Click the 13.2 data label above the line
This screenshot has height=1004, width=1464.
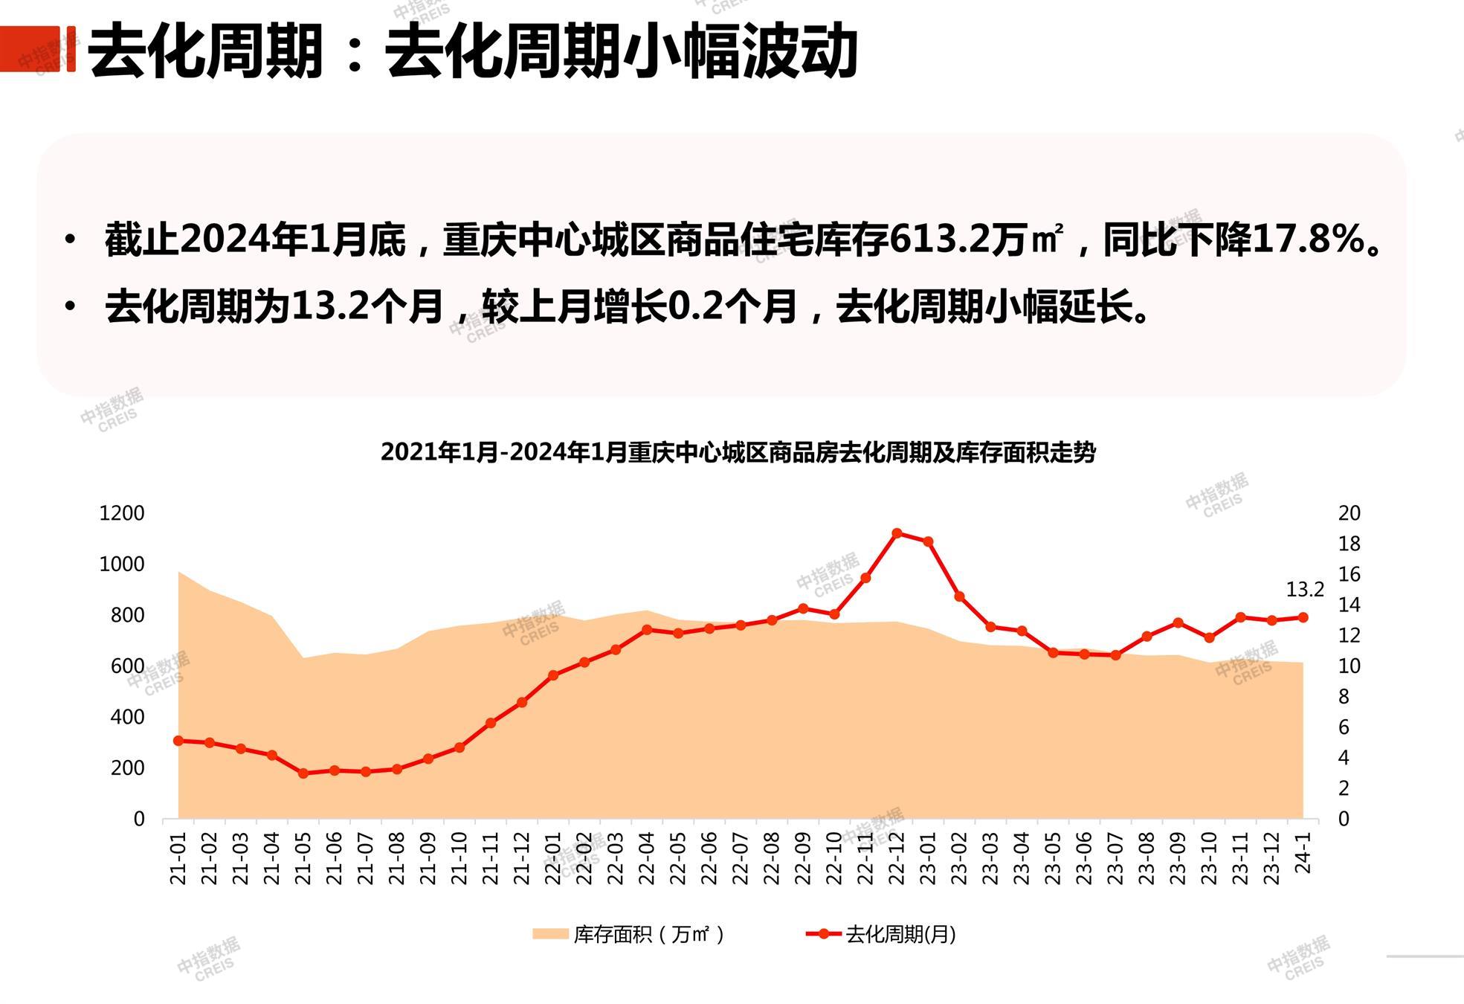(x=1305, y=590)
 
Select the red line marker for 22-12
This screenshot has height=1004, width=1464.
(x=897, y=533)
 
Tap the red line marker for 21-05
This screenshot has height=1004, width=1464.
(x=303, y=773)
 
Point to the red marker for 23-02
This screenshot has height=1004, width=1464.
(x=959, y=596)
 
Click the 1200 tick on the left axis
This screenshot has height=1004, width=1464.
(x=122, y=513)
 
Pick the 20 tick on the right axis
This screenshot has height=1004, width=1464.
(x=1349, y=513)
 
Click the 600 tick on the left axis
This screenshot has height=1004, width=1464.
(x=127, y=666)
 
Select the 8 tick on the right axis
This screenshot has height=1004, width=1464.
(x=1344, y=697)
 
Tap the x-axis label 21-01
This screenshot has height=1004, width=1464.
(x=178, y=858)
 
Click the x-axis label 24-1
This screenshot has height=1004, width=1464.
(x=1303, y=853)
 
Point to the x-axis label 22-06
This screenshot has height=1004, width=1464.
(x=709, y=858)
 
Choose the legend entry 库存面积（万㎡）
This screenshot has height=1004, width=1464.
(x=628, y=935)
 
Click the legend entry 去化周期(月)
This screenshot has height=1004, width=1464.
(x=882, y=935)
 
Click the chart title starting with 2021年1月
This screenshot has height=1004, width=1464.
(x=738, y=452)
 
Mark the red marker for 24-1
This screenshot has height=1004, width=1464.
(x=1303, y=617)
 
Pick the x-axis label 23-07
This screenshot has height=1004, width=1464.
(x=1115, y=858)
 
